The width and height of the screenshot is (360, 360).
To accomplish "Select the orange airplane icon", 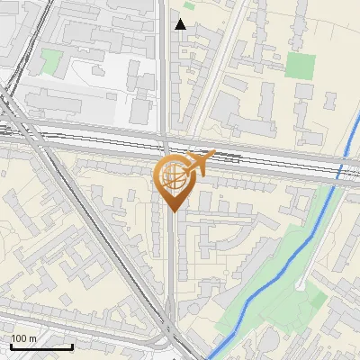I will (x=200, y=163).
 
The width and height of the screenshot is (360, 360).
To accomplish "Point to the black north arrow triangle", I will (x=181, y=24).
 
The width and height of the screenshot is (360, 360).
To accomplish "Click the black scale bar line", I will (x=41, y=346).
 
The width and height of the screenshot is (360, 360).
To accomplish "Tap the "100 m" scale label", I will (x=23, y=338).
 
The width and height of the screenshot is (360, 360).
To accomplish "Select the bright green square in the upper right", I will (x=301, y=66).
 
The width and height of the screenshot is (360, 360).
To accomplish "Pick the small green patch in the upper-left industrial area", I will (x=52, y=62).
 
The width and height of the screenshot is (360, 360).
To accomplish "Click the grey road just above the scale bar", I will (x=54, y=325).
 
